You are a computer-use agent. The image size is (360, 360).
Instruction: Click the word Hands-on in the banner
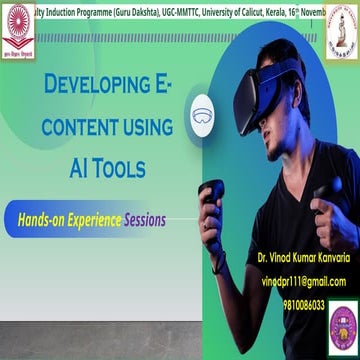38,217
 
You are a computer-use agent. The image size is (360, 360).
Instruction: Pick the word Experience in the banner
93,217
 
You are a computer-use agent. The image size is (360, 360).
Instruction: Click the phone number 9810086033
304,304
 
